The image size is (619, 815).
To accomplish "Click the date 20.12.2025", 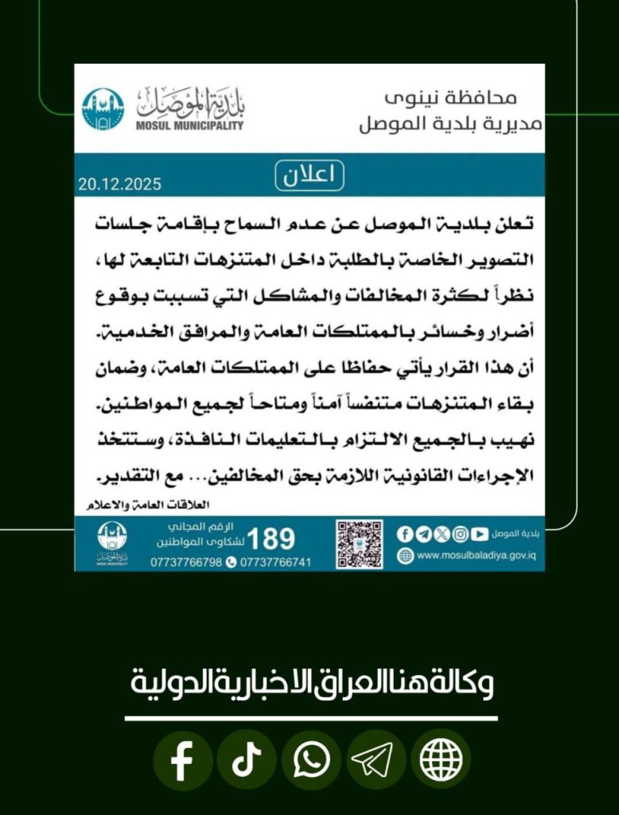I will coord(119,184).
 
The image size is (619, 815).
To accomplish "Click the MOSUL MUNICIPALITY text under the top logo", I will coord(190,126).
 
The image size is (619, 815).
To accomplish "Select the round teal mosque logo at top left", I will coord(103,109).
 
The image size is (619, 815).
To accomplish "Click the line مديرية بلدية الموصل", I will coord(450,124).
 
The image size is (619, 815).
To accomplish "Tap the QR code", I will coord(359,544).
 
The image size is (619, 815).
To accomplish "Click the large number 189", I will coord(271,539).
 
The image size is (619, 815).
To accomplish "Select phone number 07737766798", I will coord(186,563).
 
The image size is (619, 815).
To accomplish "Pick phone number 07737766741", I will coord(274,563).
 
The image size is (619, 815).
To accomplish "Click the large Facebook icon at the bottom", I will coord(182,761).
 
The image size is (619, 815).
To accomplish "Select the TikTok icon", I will coord(247,761).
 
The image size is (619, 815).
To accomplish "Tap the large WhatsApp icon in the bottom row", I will coord(311,761).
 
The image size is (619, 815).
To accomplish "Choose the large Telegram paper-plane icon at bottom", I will coord(376,761).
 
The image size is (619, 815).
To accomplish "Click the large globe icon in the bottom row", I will coord(440,761).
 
